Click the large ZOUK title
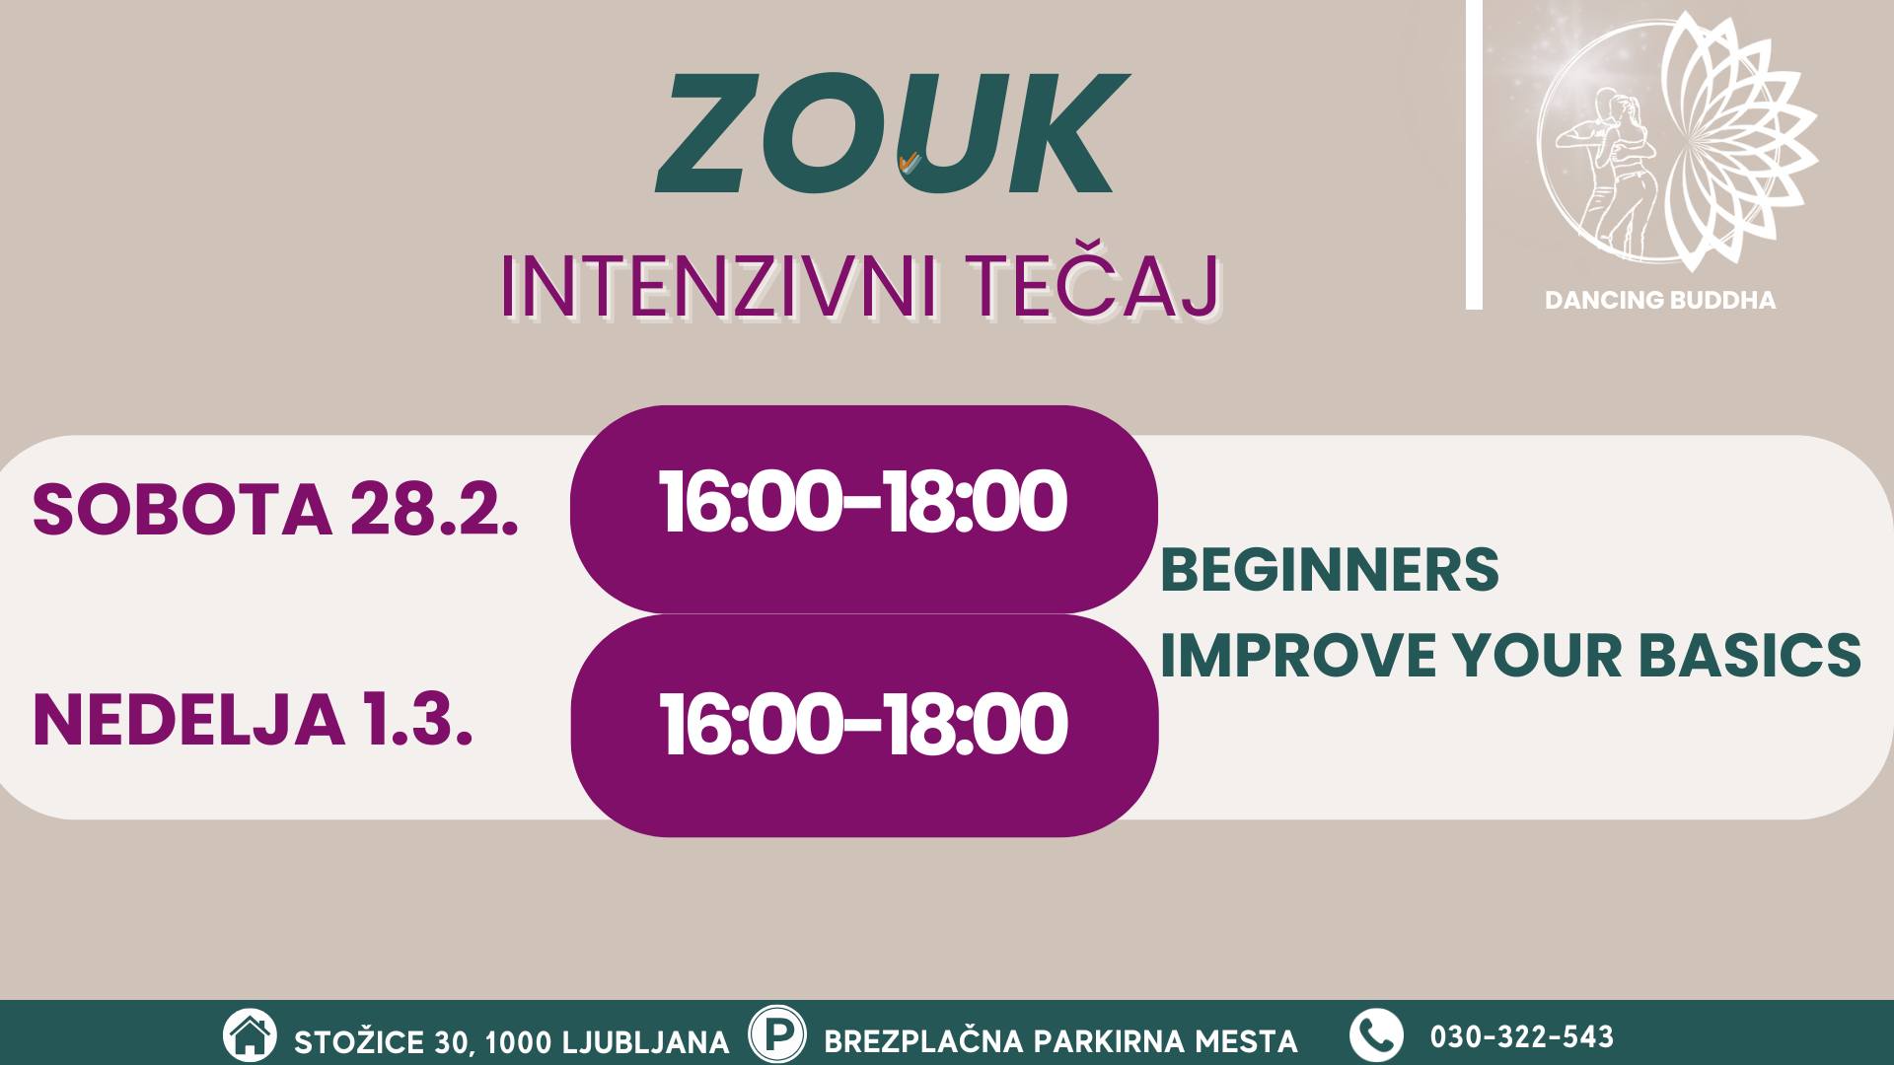(x=892, y=133)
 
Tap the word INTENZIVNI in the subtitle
(x=718, y=287)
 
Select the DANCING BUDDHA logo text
(x=1660, y=300)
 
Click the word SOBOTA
(x=182, y=509)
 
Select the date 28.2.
(x=434, y=509)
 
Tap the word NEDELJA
(x=188, y=720)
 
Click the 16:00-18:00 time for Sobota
(x=863, y=502)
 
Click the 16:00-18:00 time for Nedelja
(x=863, y=725)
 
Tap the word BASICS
(x=1750, y=654)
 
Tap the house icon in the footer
(x=250, y=1035)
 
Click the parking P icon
(x=777, y=1034)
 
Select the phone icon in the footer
(x=1376, y=1035)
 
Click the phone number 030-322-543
(x=1522, y=1037)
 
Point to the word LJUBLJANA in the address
(x=646, y=1042)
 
